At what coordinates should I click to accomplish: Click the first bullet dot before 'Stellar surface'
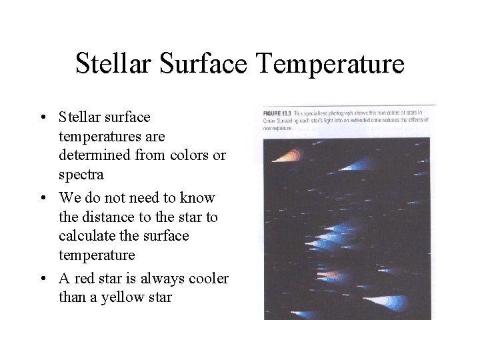point(43,118)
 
